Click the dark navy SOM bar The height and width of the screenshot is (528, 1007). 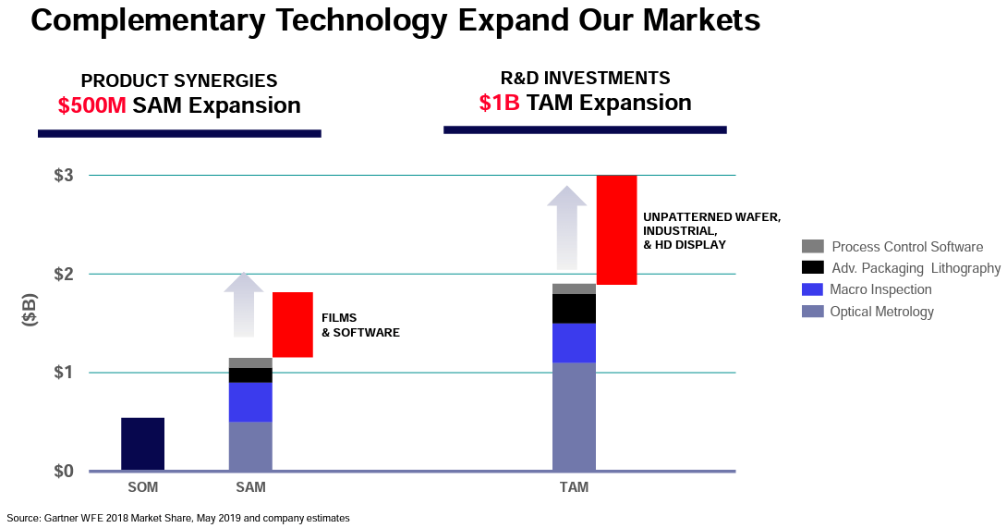point(142,444)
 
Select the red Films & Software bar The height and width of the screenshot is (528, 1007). point(292,325)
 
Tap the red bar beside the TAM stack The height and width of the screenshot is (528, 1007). point(616,229)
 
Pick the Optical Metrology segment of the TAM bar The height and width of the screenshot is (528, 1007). point(574,416)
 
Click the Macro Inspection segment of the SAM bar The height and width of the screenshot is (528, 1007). point(250,401)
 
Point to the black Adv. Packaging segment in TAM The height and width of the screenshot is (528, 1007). point(574,308)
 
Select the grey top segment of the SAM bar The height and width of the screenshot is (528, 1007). point(250,362)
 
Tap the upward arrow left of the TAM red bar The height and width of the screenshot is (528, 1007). point(566,227)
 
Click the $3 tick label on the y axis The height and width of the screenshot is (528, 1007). point(62,176)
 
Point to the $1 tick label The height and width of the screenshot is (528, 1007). point(62,373)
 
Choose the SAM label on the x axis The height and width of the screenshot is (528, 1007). point(250,487)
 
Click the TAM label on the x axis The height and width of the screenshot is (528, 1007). point(574,487)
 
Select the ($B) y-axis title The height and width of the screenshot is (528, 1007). point(30,312)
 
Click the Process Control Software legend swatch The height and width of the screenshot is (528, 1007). point(812,246)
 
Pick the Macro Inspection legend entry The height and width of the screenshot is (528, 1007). point(880,289)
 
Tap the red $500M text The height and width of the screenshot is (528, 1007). point(91,105)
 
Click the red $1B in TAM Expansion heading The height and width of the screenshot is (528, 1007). point(499,103)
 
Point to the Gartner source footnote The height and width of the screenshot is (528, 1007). point(178,518)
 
